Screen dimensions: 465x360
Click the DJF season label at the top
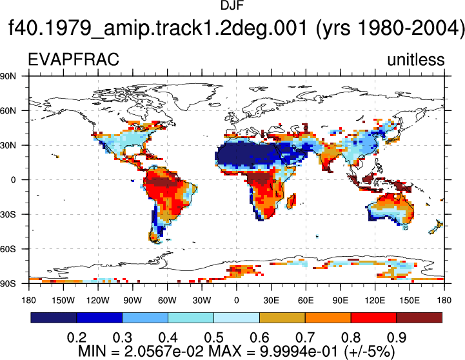coord(232,5)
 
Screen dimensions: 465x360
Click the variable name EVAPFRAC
coord(74,59)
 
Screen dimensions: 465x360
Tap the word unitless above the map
coord(416,59)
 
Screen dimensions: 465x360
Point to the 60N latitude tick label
coord(8,111)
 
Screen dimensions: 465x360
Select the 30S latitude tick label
coord(8,214)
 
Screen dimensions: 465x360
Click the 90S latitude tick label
coord(8,284)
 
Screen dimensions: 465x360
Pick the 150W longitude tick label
coord(63,301)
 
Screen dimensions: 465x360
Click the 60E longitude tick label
coord(306,301)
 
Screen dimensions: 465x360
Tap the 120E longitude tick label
coord(375,301)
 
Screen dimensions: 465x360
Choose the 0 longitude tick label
coord(236,301)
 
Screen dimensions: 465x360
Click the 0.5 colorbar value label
coord(214,337)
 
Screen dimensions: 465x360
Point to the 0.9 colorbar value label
coord(397,337)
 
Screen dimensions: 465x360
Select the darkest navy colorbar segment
coord(54,317)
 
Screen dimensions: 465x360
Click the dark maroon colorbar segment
coord(419,317)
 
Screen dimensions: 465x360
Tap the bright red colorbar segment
coord(373,317)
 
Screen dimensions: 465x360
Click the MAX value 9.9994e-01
coord(299,352)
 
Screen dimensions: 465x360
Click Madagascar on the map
coord(292,201)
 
